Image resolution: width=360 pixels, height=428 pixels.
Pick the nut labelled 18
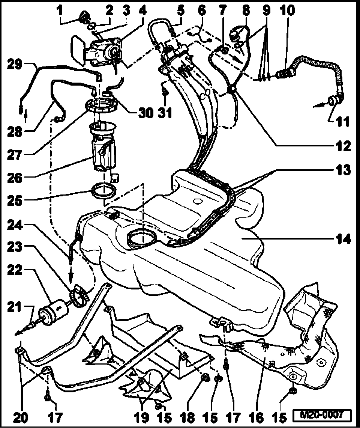click(x=205, y=377)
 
